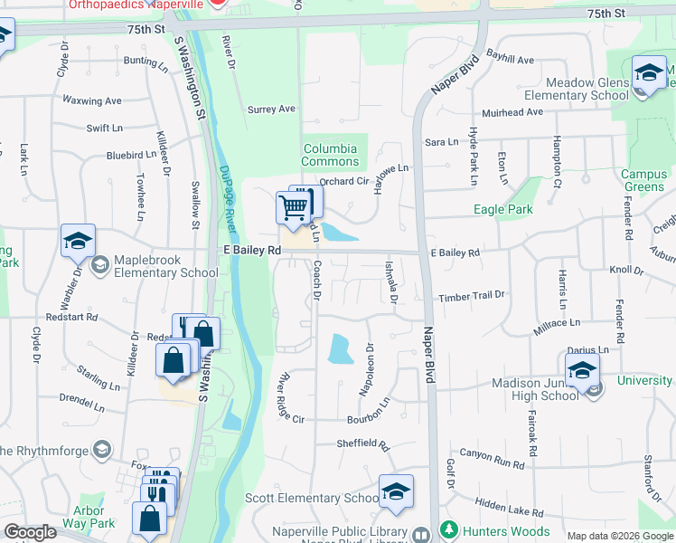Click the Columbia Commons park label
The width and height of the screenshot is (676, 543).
[331, 156]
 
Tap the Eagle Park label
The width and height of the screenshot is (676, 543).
[503, 209]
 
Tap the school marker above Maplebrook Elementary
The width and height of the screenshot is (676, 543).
[78, 242]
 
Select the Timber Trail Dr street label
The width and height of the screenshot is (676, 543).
[471, 297]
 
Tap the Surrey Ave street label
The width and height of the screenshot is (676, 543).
[272, 110]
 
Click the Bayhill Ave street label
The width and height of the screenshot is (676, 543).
[511, 60]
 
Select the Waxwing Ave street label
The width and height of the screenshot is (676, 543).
[93, 100]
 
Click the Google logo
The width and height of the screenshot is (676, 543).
[31, 533]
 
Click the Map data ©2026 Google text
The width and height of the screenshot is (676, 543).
[619, 536]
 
